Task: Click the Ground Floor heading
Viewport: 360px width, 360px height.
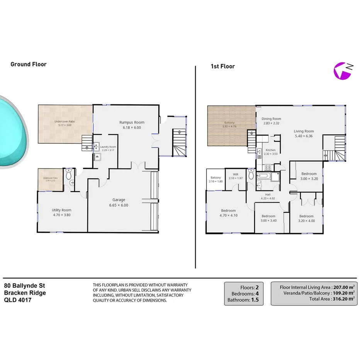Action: click(x=28, y=64)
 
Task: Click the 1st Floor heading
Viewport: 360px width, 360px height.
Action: click(x=222, y=66)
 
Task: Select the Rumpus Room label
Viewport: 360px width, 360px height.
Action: click(x=132, y=122)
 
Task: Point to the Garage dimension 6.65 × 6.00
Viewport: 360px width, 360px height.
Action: click(x=119, y=205)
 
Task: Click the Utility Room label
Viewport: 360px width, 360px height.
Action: click(x=62, y=210)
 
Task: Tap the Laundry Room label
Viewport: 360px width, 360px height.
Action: click(x=108, y=147)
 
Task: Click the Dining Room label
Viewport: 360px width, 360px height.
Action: click(x=271, y=119)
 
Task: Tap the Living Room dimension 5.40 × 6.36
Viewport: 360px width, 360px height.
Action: click(x=304, y=136)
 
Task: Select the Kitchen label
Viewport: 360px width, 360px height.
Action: click(x=270, y=150)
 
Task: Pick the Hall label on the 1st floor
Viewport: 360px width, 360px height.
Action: click(x=268, y=195)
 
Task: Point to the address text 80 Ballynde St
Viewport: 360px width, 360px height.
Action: click(x=25, y=286)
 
